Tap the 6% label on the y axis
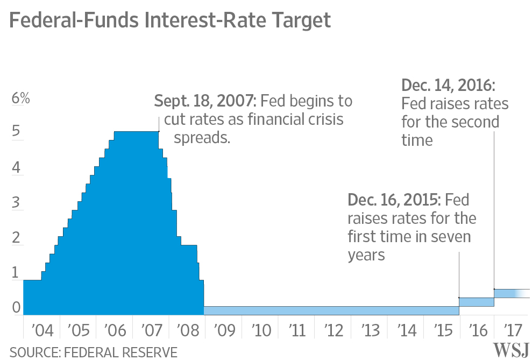point(21,99)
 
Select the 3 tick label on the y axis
point(16,203)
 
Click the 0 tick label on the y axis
point(16,307)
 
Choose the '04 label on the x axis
point(42,329)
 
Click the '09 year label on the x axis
point(223,329)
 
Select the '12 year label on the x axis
point(332,329)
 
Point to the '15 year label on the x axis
point(442,329)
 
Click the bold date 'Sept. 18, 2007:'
point(207,101)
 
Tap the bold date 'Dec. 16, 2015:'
point(394,200)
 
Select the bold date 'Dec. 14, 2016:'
point(448,86)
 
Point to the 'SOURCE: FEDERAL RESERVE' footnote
point(94,352)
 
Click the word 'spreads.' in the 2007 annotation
point(202,138)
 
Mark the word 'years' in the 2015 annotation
point(366,255)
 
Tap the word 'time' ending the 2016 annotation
point(417,140)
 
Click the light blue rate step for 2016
point(476,302)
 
